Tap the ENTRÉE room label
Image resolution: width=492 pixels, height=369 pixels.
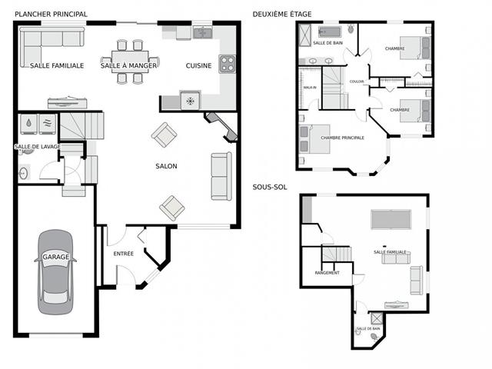coord(123,254)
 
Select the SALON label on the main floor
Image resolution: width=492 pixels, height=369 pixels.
coord(166,166)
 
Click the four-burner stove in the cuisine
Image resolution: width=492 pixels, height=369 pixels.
coord(227,64)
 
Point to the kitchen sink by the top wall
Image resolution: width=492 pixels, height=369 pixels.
coord(202,32)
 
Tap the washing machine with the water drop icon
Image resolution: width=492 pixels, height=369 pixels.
coord(28,123)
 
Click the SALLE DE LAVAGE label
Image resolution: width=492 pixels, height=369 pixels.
coord(36,146)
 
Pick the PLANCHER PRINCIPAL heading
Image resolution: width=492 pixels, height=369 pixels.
coord(51,14)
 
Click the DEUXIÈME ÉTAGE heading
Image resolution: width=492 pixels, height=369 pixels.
coord(282,14)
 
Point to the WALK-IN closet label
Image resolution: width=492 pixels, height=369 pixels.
coord(310,88)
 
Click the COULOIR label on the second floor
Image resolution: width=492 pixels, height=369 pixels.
coord(357,81)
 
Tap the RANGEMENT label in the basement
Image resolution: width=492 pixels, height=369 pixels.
coord(327,272)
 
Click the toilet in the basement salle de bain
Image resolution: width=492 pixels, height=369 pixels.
coord(374,335)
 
